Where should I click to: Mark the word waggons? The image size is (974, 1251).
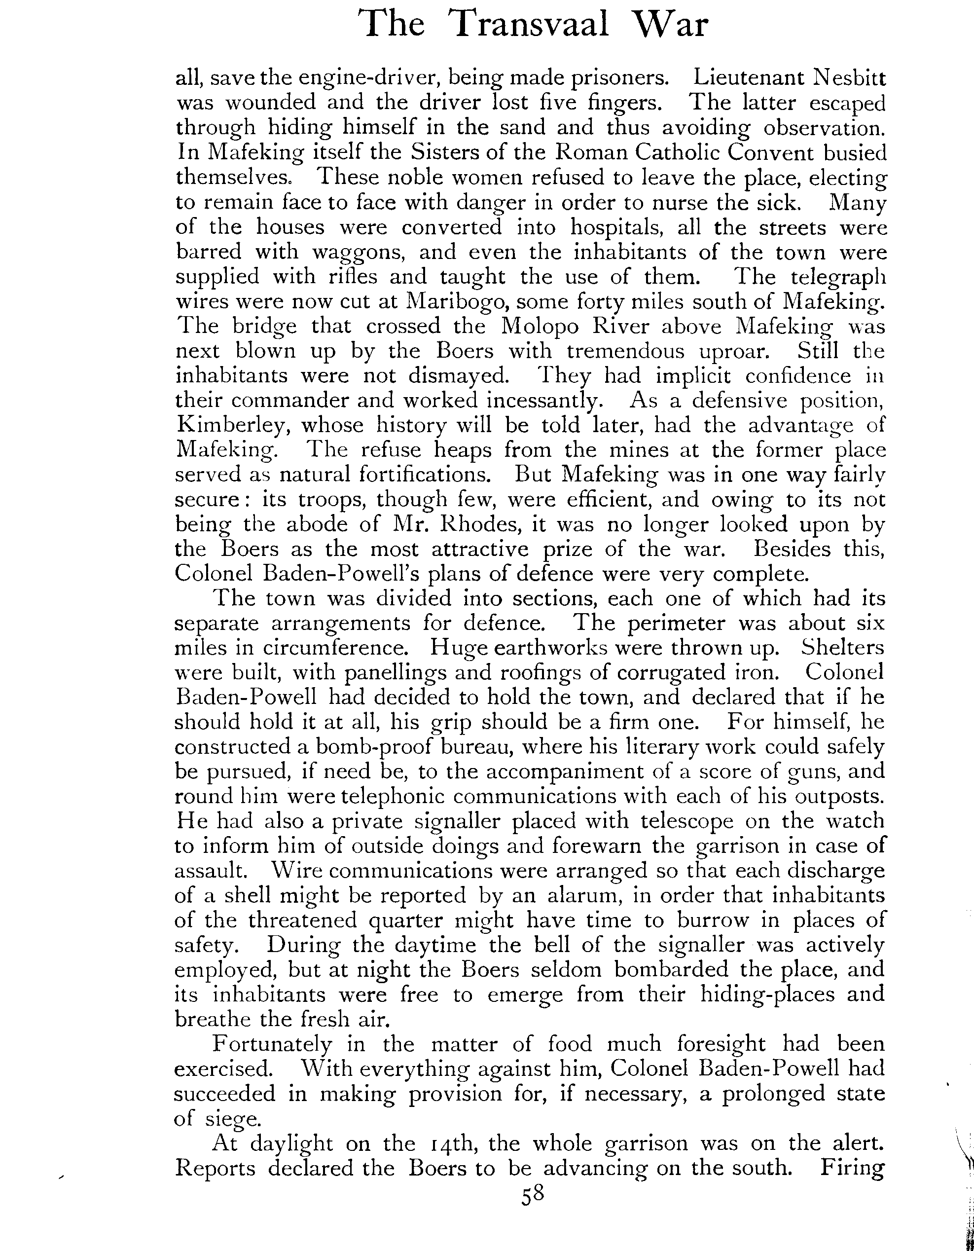pyautogui.click(x=358, y=253)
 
